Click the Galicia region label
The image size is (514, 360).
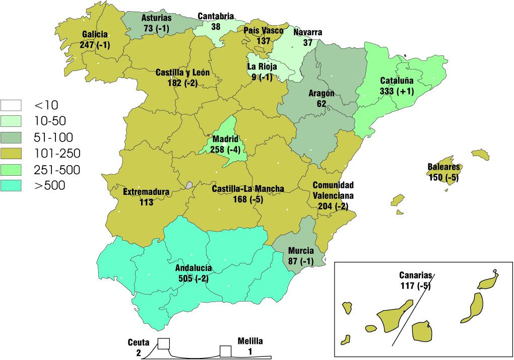(x=95, y=35)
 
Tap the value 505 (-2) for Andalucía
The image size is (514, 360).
(x=193, y=278)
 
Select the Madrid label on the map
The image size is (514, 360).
(x=225, y=139)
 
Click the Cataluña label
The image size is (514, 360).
(x=397, y=80)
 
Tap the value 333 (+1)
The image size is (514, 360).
(x=396, y=91)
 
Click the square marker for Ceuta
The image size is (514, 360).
(x=163, y=343)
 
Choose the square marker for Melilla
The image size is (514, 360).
(x=225, y=351)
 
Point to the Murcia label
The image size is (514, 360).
(x=301, y=251)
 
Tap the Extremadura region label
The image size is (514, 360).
(x=146, y=192)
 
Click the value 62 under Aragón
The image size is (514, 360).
(x=322, y=104)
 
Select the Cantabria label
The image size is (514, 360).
(x=215, y=16)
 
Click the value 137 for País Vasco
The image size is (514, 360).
(x=263, y=40)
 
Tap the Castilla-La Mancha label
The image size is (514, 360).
(x=247, y=189)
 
